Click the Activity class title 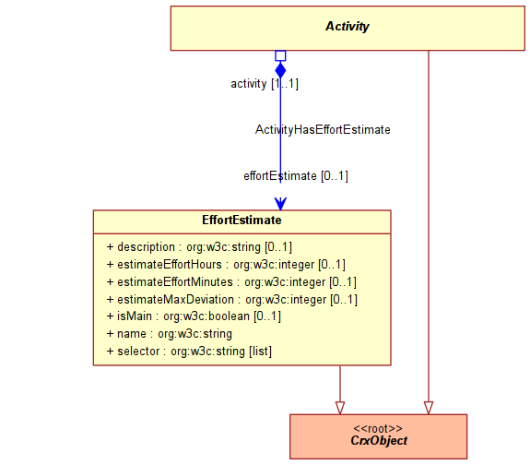(x=347, y=27)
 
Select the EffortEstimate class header (x=241, y=220)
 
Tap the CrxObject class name (x=379, y=440)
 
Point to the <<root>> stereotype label (x=378, y=428)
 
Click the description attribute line (x=199, y=247)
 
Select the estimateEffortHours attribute (x=226, y=264)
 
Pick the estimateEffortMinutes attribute (x=231, y=282)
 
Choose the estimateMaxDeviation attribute (x=232, y=300)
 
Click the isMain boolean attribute (x=194, y=316)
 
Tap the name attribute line (x=170, y=334)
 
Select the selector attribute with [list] (x=189, y=352)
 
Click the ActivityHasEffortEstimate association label (x=323, y=129)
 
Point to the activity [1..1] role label (x=265, y=84)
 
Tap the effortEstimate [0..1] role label (x=296, y=176)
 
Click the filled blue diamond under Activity (x=280, y=70)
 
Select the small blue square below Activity (x=280, y=56)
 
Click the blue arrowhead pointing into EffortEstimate (x=280, y=203)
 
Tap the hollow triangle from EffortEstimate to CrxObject (x=340, y=408)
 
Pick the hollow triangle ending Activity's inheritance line (x=429, y=408)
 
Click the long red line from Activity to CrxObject (x=429, y=226)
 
